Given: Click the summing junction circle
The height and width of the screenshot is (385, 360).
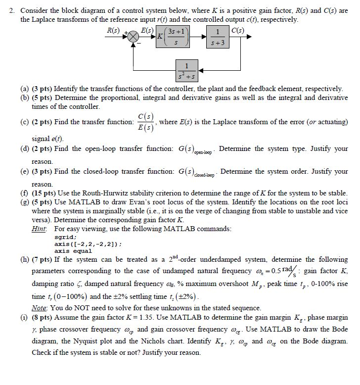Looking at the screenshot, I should [x=133, y=38].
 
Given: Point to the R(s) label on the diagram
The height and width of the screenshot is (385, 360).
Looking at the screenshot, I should [x=114, y=30].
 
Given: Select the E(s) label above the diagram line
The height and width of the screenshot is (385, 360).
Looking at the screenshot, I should [x=147, y=31].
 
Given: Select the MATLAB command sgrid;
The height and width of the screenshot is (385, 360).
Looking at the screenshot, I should [x=65, y=237].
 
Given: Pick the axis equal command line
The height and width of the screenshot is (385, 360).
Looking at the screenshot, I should [x=74, y=250].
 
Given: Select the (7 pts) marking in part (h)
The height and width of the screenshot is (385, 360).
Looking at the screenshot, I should [x=44, y=259].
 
